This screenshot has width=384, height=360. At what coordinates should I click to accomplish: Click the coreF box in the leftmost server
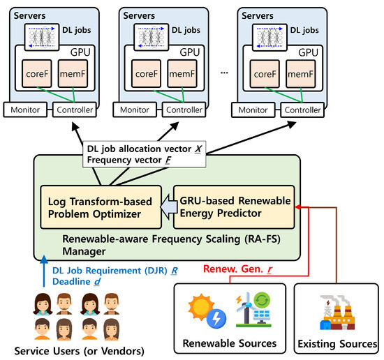click(x=37, y=74)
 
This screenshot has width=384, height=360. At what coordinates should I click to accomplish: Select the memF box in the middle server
click(x=182, y=74)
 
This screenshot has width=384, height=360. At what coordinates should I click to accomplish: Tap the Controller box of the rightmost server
click(x=302, y=110)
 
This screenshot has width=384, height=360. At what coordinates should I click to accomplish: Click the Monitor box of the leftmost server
click(x=25, y=110)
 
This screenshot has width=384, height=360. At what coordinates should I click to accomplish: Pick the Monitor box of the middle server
click(x=135, y=110)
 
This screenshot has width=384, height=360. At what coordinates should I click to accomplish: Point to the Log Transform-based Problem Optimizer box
click(x=101, y=207)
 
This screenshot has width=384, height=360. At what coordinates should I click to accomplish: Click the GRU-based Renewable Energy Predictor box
click(x=234, y=207)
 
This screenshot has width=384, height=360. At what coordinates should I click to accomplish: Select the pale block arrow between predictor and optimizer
click(x=169, y=207)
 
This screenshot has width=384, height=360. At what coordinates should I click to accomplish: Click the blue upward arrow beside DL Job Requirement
click(x=44, y=271)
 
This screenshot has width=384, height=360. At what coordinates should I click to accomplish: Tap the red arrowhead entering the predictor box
click(x=298, y=207)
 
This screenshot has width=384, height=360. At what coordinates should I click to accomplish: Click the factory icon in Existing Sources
click(x=337, y=313)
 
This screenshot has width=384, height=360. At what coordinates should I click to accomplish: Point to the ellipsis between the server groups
click(x=224, y=73)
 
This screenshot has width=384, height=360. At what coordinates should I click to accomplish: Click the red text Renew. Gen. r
click(x=238, y=269)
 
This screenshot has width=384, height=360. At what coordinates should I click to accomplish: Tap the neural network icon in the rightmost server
click(x=269, y=38)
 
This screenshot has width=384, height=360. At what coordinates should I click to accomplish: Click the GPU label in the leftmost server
click(x=80, y=52)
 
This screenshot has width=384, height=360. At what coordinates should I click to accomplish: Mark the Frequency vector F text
click(x=129, y=160)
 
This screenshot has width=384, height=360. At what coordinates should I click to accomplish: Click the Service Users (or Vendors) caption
click(x=80, y=351)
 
